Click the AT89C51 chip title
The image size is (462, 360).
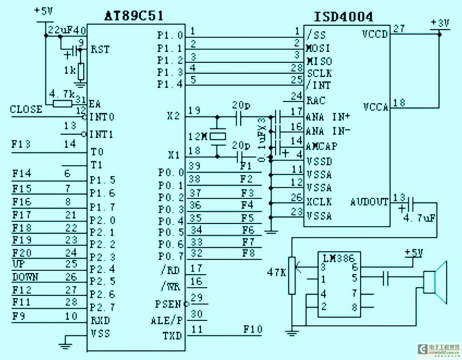pyautogui.click(x=134, y=16)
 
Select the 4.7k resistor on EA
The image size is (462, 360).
pyautogui.click(x=62, y=104)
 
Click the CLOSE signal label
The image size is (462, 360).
pyautogui.click(x=26, y=109)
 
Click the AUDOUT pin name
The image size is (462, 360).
pyautogui.click(x=369, y=202)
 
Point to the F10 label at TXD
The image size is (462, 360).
pyautogui.click(x=252, y=329)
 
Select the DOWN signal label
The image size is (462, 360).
pyautogui.click(x=25, y=277)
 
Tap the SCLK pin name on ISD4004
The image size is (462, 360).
pyautogui.click(x=319, y=73)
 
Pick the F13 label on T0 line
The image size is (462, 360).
pyautogui.click(x=21, y=144)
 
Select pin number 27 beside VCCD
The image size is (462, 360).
pyautogui.click(x=399, y=29)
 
